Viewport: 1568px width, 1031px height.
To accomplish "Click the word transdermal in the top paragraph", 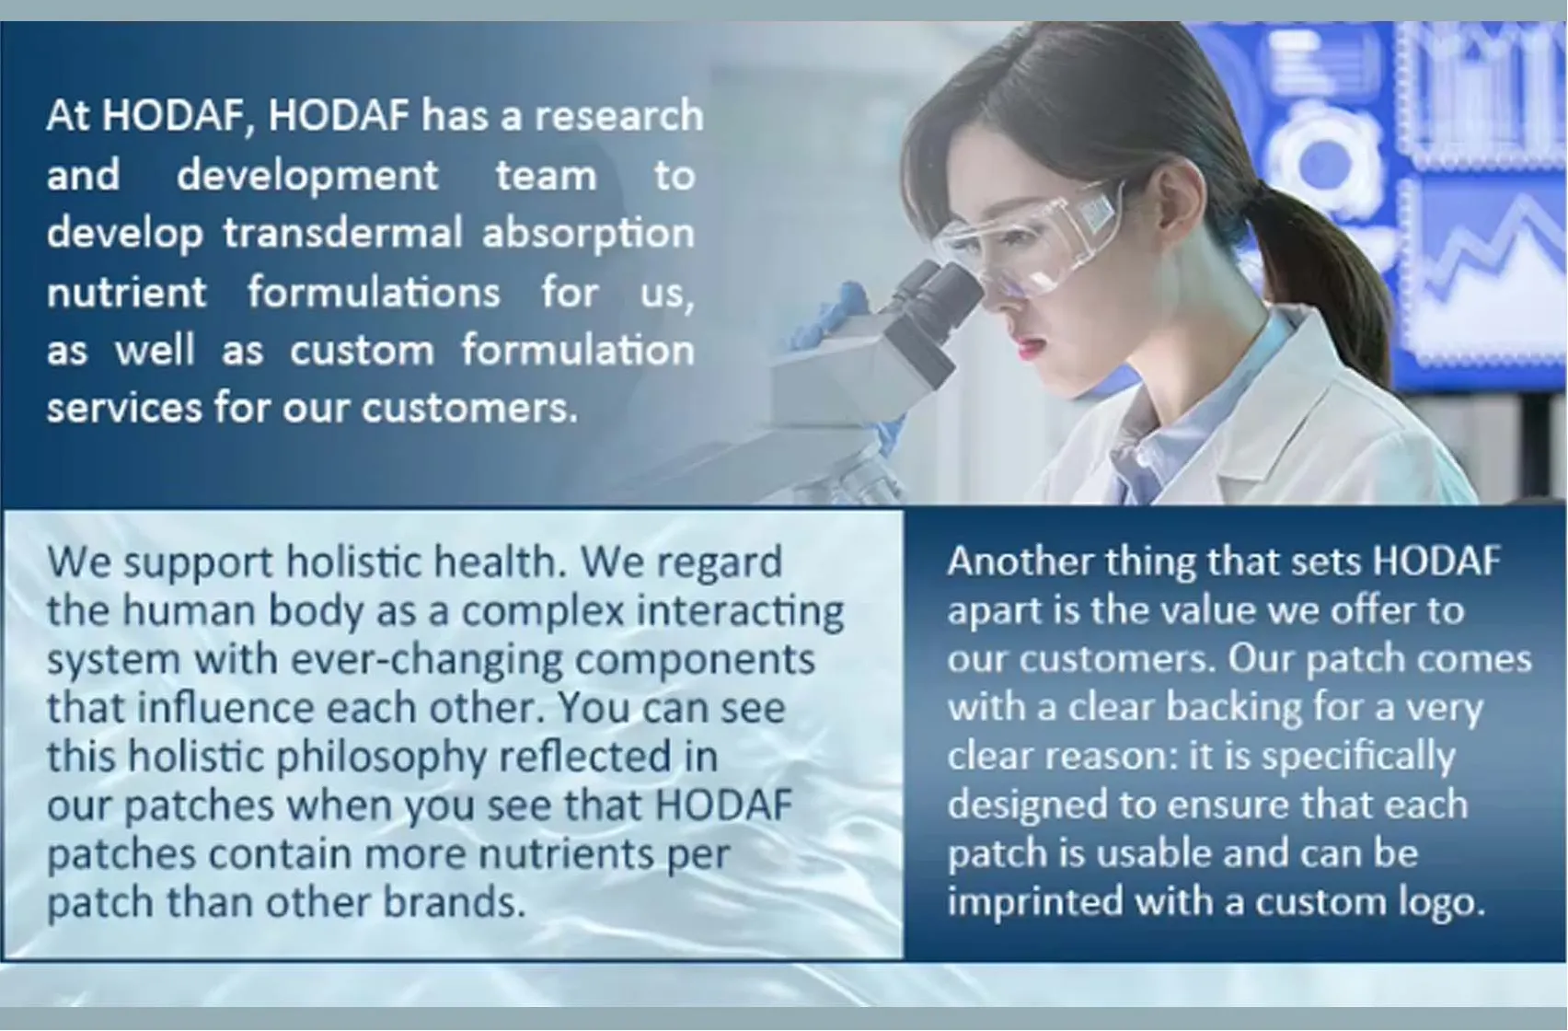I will [x=342, y=233].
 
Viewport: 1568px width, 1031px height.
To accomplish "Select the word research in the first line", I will [x=618, y=116].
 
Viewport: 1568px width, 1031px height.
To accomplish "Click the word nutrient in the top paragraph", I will [x=127, y=293].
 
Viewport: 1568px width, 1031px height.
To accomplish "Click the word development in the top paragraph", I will [x=307, y=175].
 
